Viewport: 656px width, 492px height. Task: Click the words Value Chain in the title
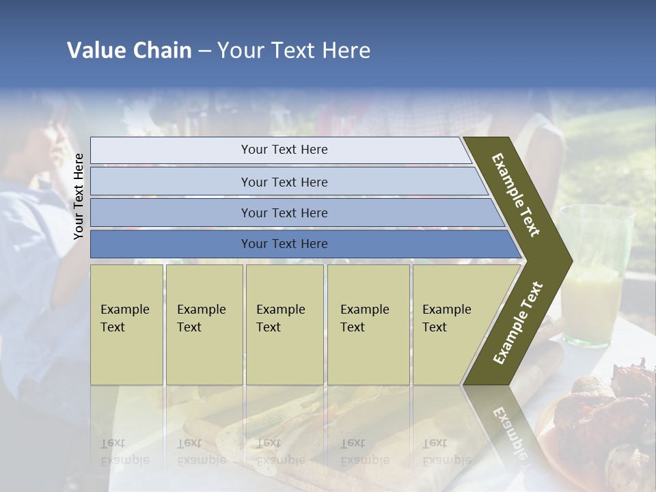(129, 51)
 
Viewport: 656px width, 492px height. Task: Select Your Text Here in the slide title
(294, 51)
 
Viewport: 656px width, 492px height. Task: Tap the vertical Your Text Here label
(79, 196)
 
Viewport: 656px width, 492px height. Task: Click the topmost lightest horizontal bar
(284, 150)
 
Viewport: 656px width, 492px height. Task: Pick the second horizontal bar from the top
(284, 182)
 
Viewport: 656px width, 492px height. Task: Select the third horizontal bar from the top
(284, 213)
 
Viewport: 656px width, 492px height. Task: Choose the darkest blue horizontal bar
(284, 244)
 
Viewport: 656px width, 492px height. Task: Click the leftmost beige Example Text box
(126, 325)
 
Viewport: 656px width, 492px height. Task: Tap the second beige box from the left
(204, 325)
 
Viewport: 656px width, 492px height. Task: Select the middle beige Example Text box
(284, 325)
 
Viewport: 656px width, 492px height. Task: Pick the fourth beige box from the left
(368, 325)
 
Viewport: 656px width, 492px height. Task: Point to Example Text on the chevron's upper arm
(516, 194)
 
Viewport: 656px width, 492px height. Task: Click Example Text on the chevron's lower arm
(518, 323)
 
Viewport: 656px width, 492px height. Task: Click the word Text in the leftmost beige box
(113, 327)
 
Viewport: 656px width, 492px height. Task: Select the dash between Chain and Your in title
(204, 51)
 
